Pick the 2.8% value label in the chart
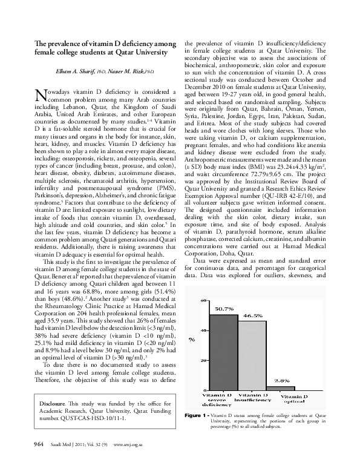click(283, 380)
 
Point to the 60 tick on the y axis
click(205, 300)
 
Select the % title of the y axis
click(192, 340)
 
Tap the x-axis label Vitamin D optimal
click(293, 398)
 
